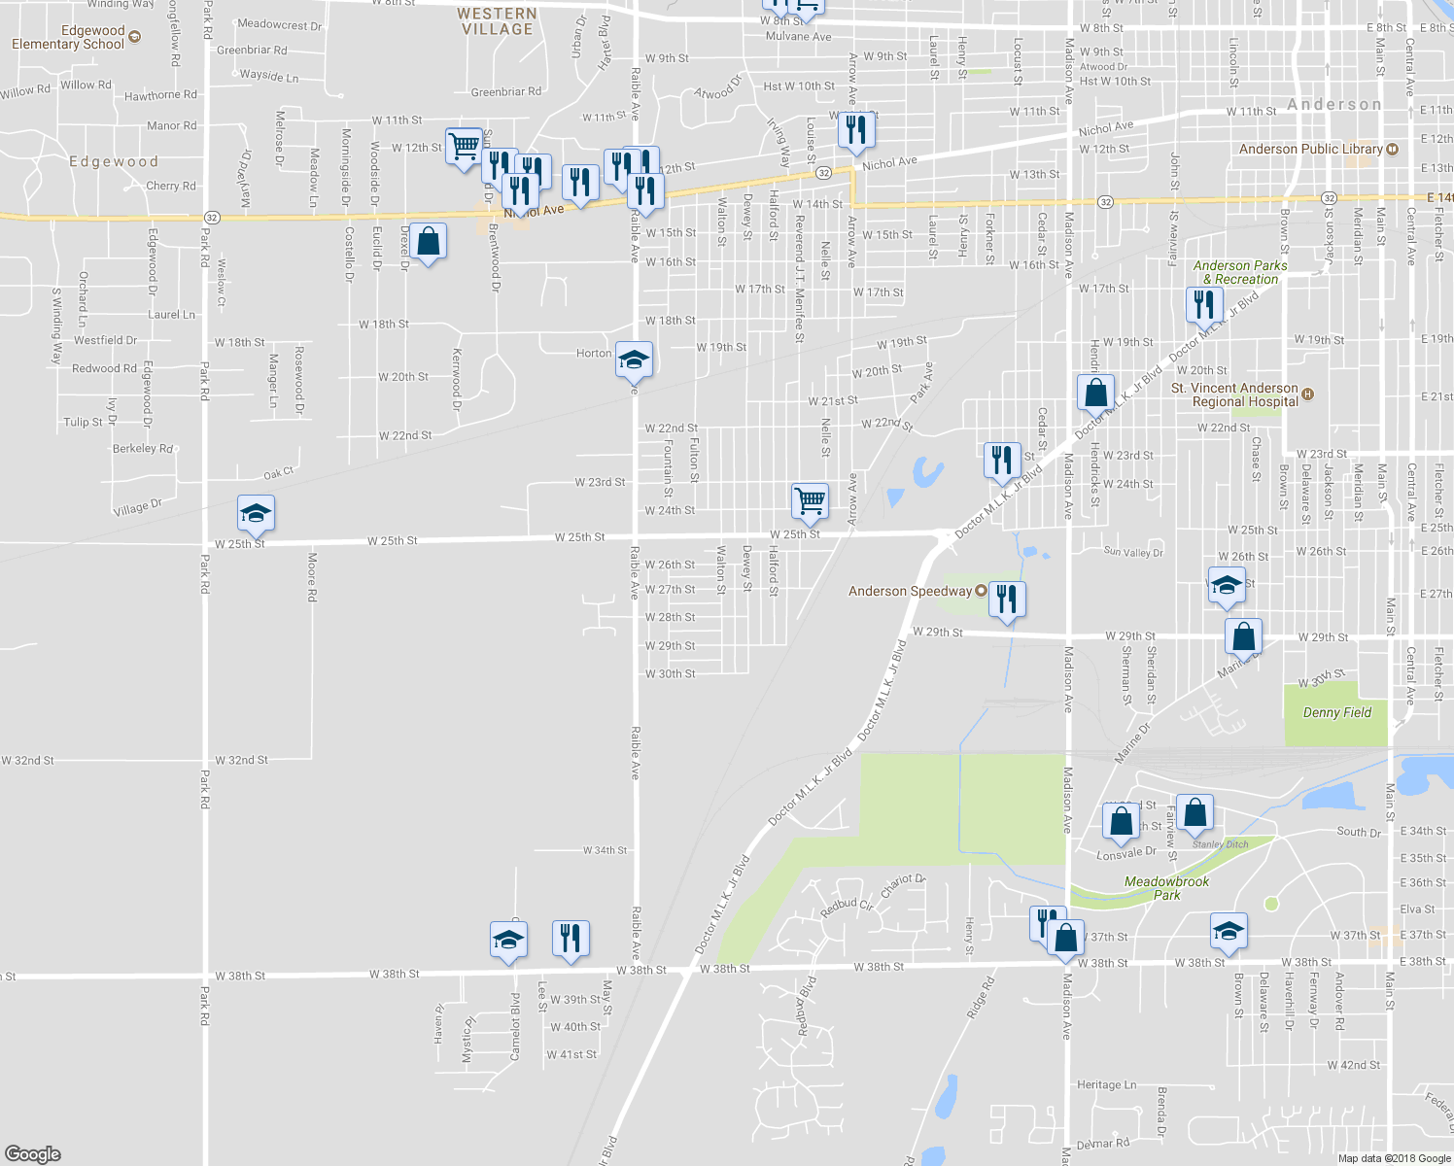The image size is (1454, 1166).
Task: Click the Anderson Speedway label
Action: [x=910, y=591]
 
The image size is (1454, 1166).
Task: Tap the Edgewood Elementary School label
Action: [x=68, y=37]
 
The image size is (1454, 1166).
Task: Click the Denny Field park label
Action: [x=1336, y=712]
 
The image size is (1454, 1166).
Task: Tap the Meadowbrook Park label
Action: [x=1166, y=888]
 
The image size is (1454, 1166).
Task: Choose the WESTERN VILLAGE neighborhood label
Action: [x=497, y=21]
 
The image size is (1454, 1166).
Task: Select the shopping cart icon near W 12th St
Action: [x=465, y=146]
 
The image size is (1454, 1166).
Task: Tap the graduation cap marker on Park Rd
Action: [x=256, y=513]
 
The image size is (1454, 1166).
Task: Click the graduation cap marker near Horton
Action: [x=634, y=360]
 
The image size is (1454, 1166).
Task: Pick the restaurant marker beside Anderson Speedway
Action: [x=1007, y=599]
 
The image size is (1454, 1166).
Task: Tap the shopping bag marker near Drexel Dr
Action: [x=428, y=241]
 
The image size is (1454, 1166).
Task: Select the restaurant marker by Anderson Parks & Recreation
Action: [x=1204, y=304]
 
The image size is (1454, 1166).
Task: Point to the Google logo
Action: [x=33, y=1153]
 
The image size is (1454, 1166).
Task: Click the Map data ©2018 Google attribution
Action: [x=1394, y=1158]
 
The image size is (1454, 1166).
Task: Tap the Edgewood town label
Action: [x=114, y=161]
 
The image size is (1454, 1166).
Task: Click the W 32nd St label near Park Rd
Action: [x=241, y=760]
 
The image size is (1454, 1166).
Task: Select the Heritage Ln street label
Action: [x=1106, y=1084]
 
